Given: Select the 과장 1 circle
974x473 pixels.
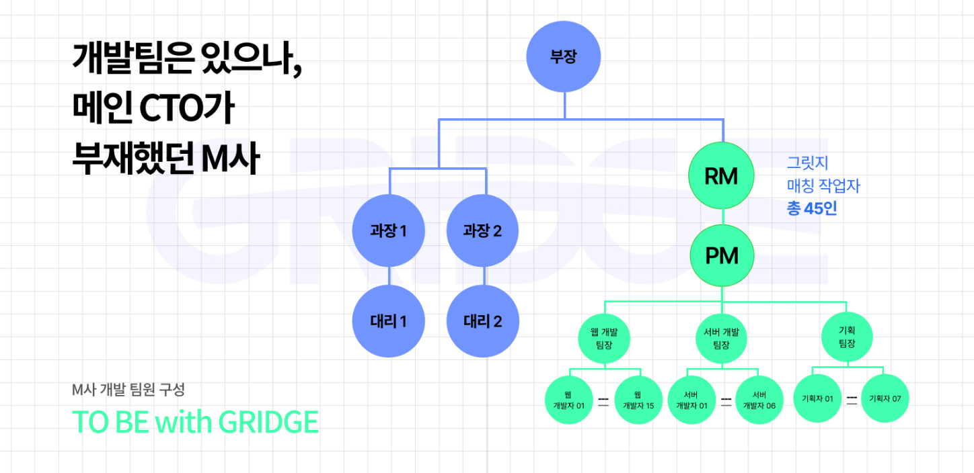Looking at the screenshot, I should (389, 232).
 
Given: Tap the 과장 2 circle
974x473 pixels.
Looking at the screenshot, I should (483, 232).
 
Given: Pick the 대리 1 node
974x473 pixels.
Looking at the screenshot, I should (389, 321).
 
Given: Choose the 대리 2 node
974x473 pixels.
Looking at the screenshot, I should (483, 321).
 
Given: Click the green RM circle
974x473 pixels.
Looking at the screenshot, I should (721, 177).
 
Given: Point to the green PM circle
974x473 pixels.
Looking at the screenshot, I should (721, 256).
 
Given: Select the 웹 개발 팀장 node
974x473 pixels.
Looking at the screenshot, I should (604, 339).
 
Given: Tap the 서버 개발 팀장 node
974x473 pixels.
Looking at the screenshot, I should (721, 339).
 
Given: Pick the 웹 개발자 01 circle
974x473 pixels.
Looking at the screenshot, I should (568, 400).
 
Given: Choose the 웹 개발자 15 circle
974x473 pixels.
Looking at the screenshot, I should (638, 400).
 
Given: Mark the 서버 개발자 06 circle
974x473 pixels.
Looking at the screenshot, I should (759, 400).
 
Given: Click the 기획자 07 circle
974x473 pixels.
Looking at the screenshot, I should (885, 398).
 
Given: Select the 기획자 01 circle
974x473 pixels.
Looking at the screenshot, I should (817, 398).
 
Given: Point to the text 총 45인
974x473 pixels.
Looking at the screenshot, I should (812, 209).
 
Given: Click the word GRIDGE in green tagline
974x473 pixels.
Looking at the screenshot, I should (268, 422).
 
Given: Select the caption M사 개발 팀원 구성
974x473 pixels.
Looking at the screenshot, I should (128, 389).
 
